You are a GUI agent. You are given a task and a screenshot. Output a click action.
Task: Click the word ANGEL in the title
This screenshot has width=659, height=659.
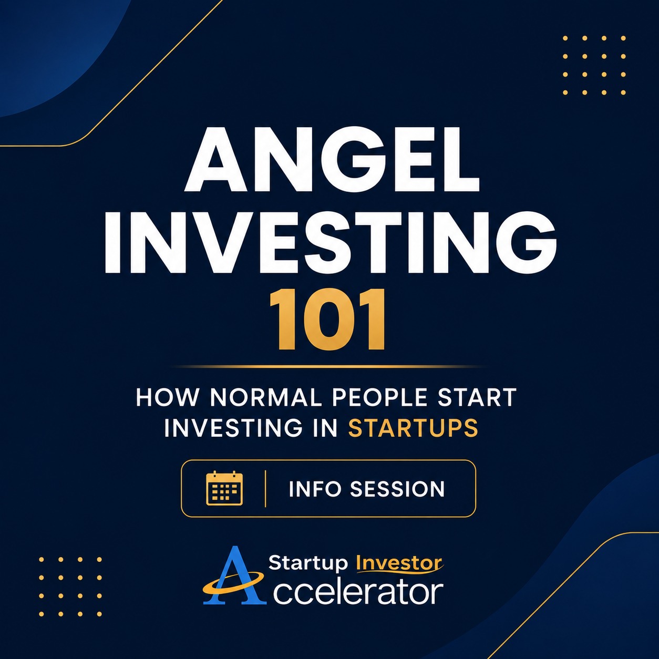point(332,159)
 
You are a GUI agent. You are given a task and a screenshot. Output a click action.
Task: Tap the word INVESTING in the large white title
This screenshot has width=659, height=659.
point(331,242)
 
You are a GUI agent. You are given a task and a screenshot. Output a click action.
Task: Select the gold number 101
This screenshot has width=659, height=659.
point(328,320)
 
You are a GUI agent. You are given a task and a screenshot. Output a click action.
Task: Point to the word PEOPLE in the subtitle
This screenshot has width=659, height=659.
point(379,397)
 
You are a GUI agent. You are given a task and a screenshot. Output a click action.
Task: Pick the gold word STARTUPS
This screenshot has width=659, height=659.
point(413,428)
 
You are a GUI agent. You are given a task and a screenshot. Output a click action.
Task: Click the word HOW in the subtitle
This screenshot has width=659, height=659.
point(168,397)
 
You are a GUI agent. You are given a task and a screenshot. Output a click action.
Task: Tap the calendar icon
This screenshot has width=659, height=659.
point(224,488)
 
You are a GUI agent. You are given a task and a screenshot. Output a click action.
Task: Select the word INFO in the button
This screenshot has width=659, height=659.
point(315,489)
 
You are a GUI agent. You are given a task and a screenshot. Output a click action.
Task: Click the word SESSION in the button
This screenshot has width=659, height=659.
point(397,489)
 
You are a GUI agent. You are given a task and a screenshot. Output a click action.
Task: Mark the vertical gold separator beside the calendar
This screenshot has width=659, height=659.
point(265,488)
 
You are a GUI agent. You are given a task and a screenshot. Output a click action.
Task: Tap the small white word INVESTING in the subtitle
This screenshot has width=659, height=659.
point(233,428)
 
